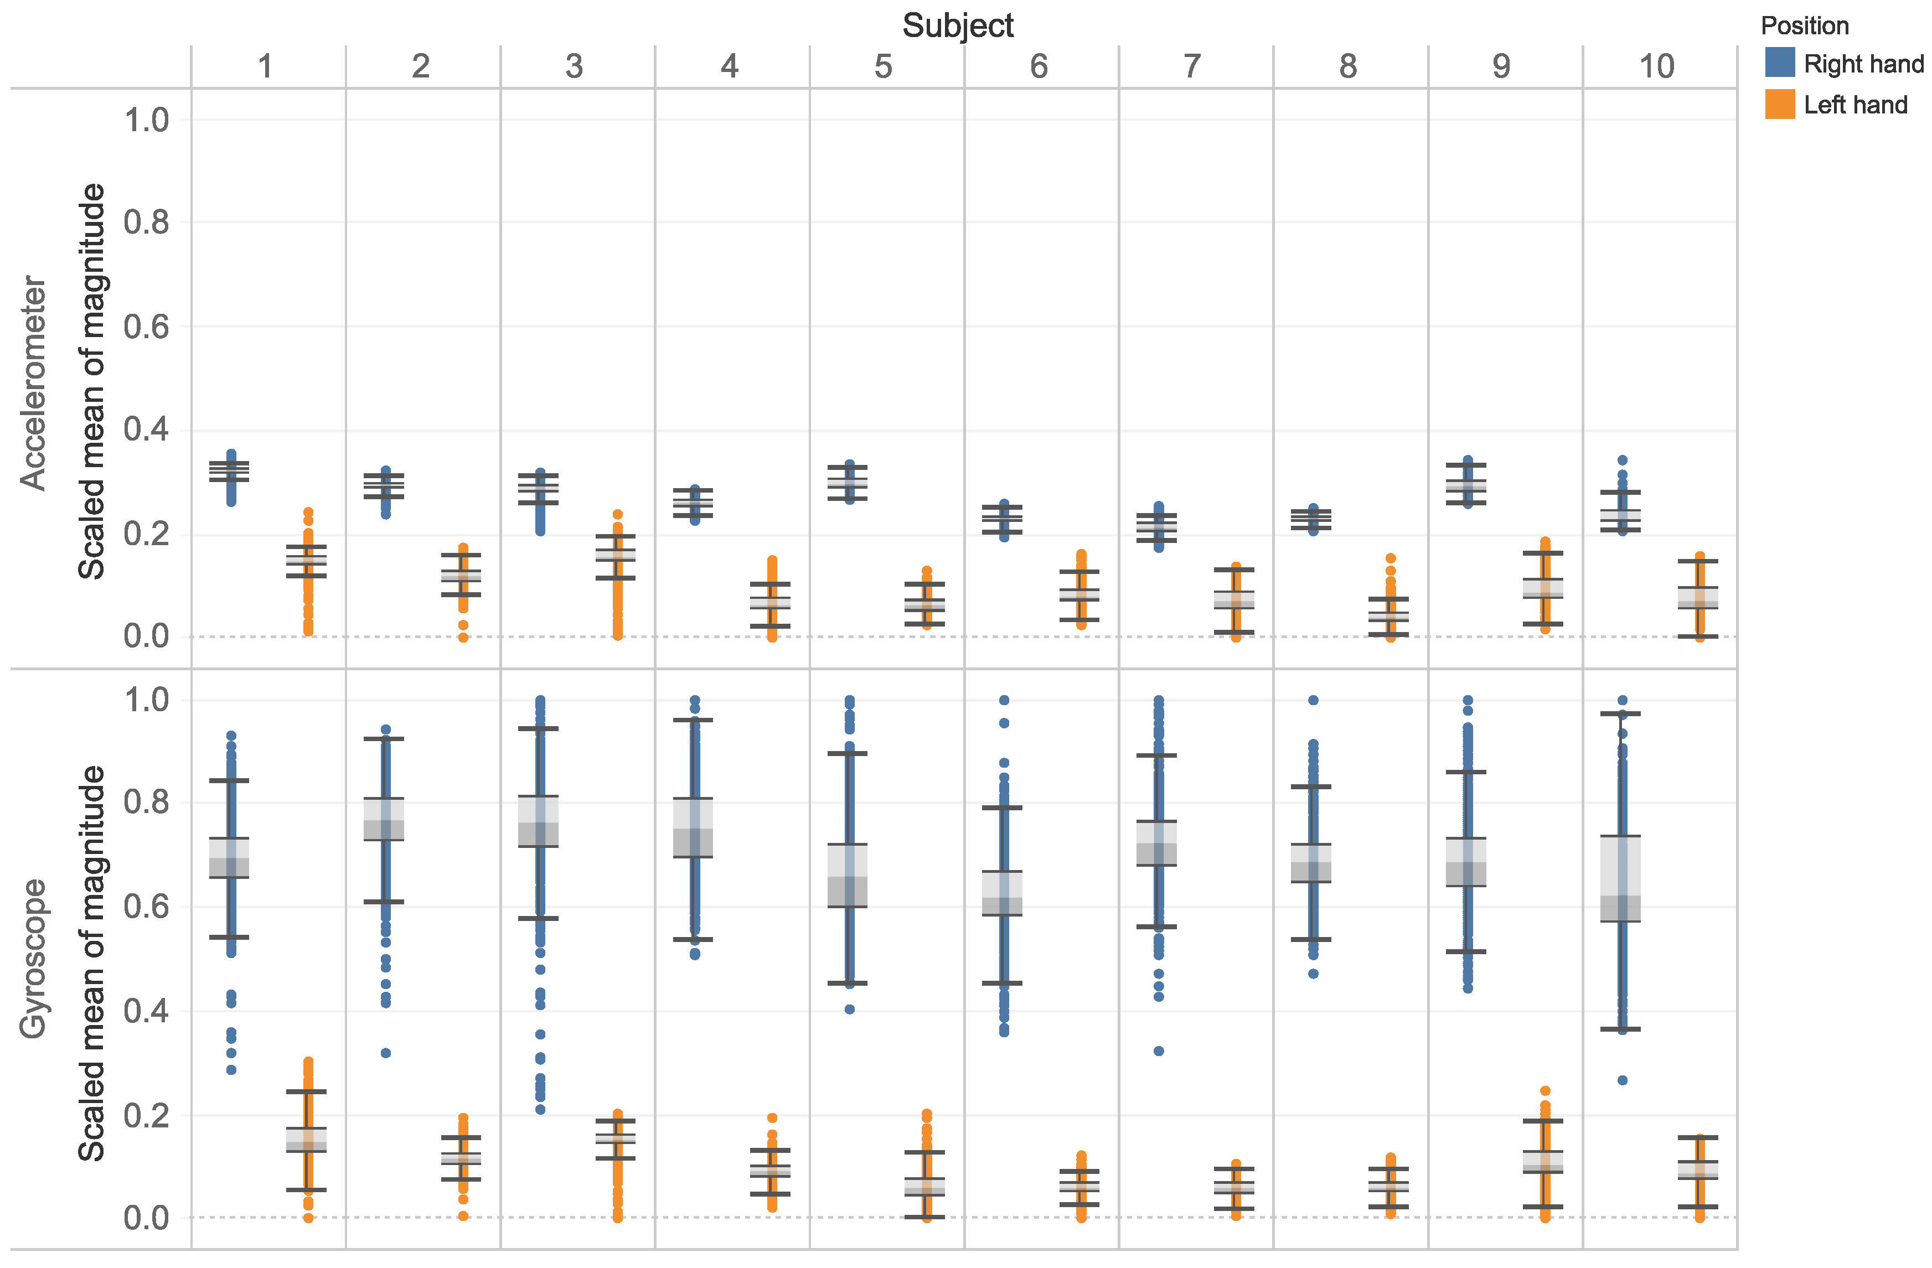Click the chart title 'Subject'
(x=958, y=26)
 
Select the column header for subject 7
(x=1192, y=66)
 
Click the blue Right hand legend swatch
(x=1779, y=63)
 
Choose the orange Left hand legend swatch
(x=1779, y=104)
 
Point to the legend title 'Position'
(x=1804, y=26)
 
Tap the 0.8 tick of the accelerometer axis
(x=146, y=222)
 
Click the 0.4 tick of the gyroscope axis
(x=146, y=1011)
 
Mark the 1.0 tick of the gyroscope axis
(x=146, y=700)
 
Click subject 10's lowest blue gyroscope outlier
(x=1622, y=1080)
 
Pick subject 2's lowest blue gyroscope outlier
(x=386, y=1053)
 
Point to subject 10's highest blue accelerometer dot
(x=1622, y=460)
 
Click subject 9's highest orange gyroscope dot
(x=1545, y=1091)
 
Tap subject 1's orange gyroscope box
(x=307, y=1140)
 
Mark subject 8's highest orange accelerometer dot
(x=1391, y=558)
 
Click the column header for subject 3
(x=574, y=66)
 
